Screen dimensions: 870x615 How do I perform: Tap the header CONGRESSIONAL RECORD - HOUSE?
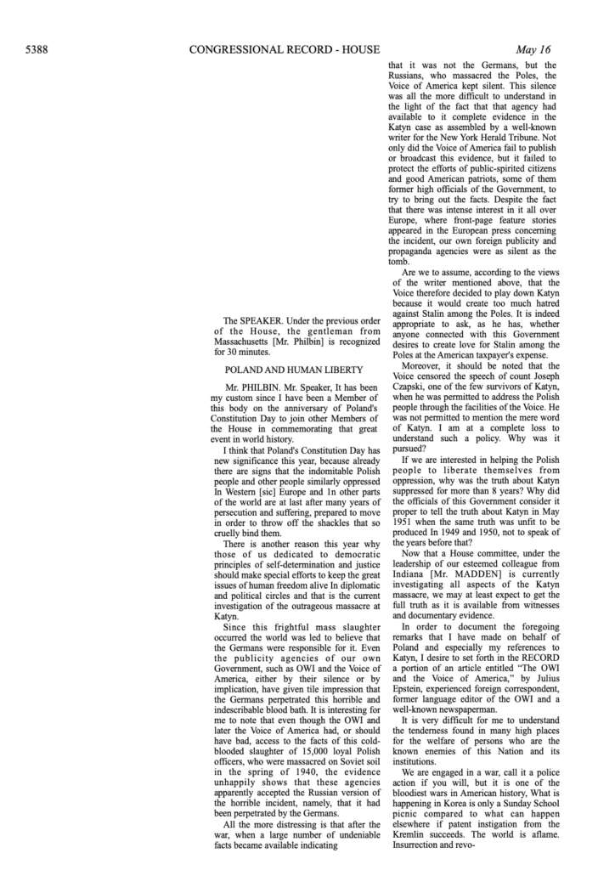click(x=285, y=50)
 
